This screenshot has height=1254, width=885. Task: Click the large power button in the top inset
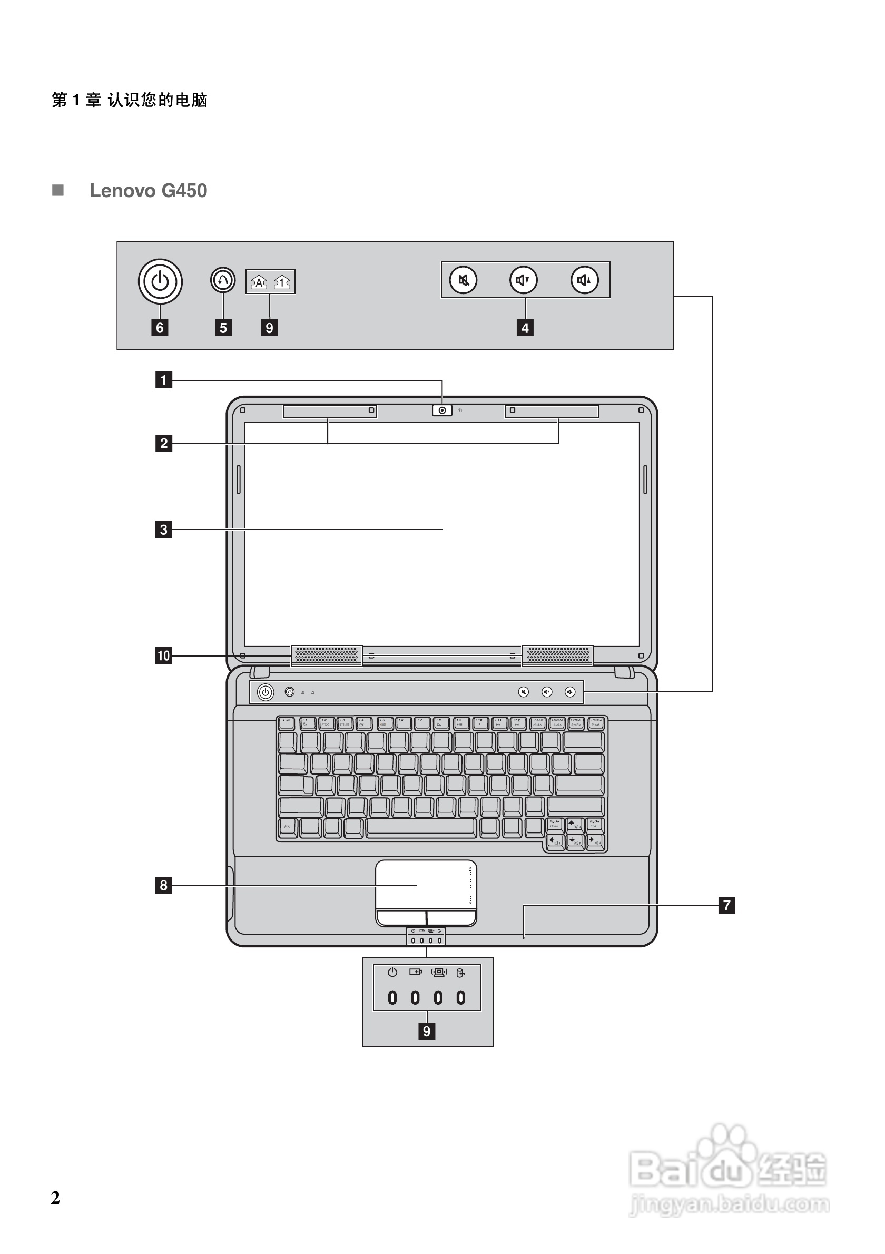click(x=160, y=282)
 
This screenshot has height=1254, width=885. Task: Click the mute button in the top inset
click(x=463, y=280)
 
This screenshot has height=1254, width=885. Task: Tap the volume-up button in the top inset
click(x=584, y=280)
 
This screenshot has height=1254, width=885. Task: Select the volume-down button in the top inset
click(x=523, y=280)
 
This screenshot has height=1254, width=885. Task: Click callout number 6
click(x=160, y=328)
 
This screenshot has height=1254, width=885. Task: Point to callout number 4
click(x=525, y=328)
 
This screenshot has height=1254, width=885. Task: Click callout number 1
click(x=163, y=379)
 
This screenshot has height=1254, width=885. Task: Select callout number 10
click(x=163, y=655)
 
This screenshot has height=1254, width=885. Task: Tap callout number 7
click(x=726, y=905)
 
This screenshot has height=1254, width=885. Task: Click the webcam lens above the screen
click(x=442, y=410)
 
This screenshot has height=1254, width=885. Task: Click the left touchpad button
click(x=401, y=917)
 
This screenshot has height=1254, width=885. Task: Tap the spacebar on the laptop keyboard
click(x=420, y=827)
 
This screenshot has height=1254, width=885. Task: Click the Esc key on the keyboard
click(x=287, y=723)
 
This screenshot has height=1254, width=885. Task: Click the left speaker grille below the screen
click(x=327, y=654)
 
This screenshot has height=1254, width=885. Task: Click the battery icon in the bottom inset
click(x=416, y=972)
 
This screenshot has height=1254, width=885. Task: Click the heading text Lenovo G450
click(x=148, y=191)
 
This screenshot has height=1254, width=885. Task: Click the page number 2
click(x=55, y=1198)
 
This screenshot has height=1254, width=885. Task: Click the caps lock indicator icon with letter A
click(x=258, y=282)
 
